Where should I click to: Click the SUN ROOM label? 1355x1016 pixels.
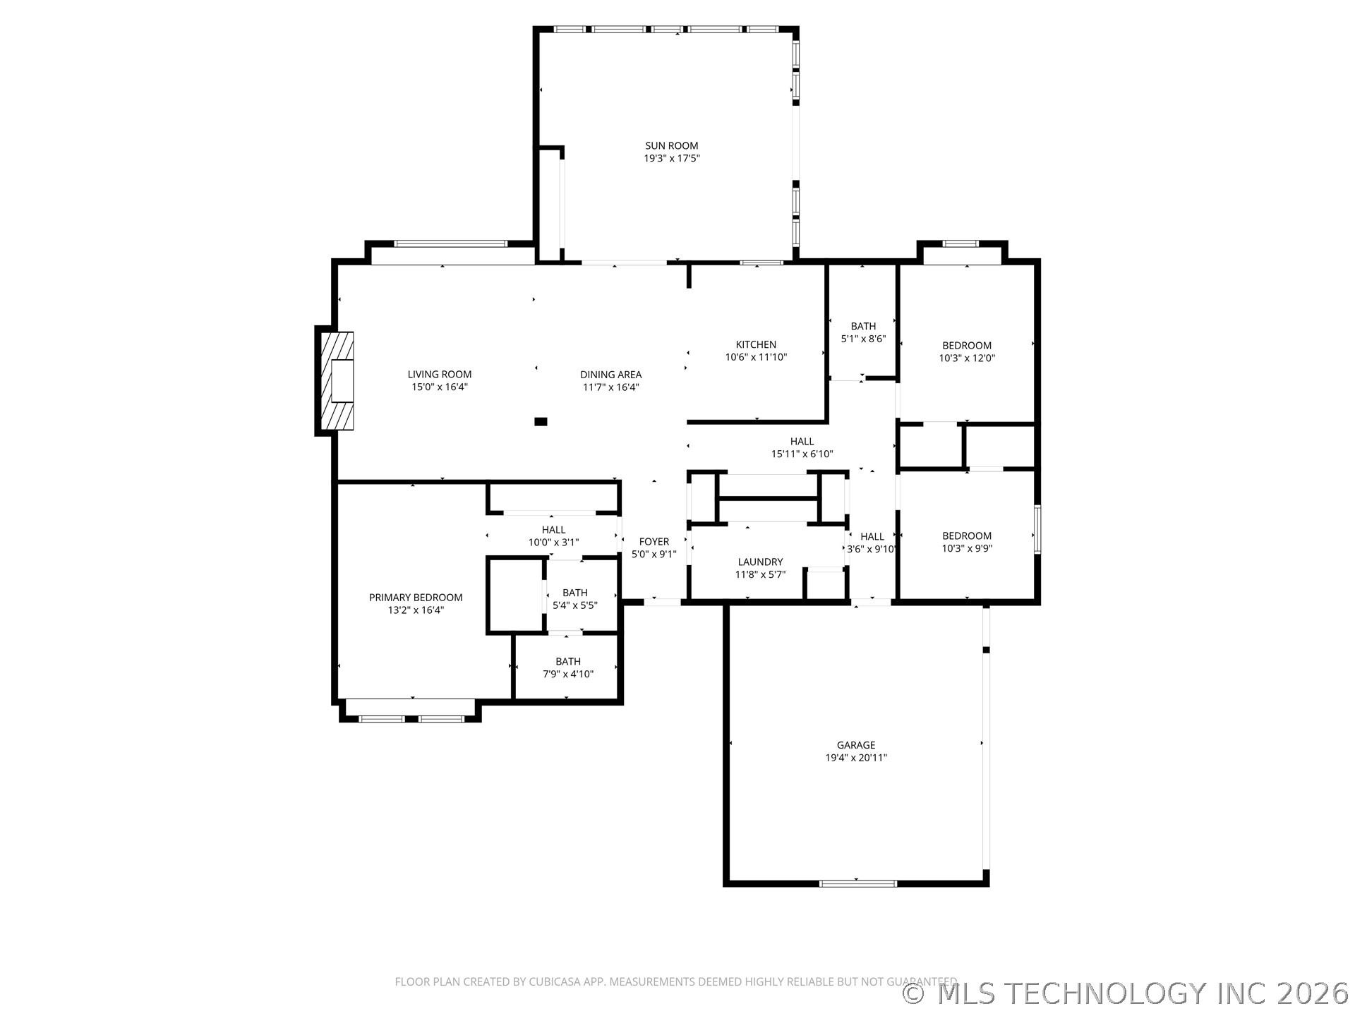[x=671, y=146]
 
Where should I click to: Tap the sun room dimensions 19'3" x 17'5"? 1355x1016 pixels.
[x=671, y=159]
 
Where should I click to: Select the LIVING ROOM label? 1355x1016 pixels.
[x=440, y=375]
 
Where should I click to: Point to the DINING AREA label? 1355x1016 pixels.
[x=611, y=375]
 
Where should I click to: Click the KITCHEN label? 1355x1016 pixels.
[x=756, y=344]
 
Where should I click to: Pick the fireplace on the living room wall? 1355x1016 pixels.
[x=337, y=381]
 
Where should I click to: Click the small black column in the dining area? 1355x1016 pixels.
[x=541, y=422]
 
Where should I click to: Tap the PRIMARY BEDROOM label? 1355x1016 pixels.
[x=416, y=598]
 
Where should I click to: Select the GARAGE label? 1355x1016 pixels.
[x=856, y=745]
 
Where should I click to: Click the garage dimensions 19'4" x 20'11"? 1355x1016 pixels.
[x=856, y=758]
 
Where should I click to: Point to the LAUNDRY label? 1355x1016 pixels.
[x=760, y=562]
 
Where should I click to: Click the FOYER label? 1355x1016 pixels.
[x=654, y=542]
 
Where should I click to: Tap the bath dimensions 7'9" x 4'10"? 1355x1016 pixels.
[x=568, y=674]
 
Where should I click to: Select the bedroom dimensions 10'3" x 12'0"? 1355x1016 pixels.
[x=967, y=358]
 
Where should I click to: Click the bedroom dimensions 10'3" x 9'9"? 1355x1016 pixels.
[x=967, y=548]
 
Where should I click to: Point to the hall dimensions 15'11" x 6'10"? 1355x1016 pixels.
[x=802, y=454]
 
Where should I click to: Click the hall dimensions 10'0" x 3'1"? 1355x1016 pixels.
[x=554, y=543]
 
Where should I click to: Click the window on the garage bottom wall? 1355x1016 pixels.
[x=857, y=883]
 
